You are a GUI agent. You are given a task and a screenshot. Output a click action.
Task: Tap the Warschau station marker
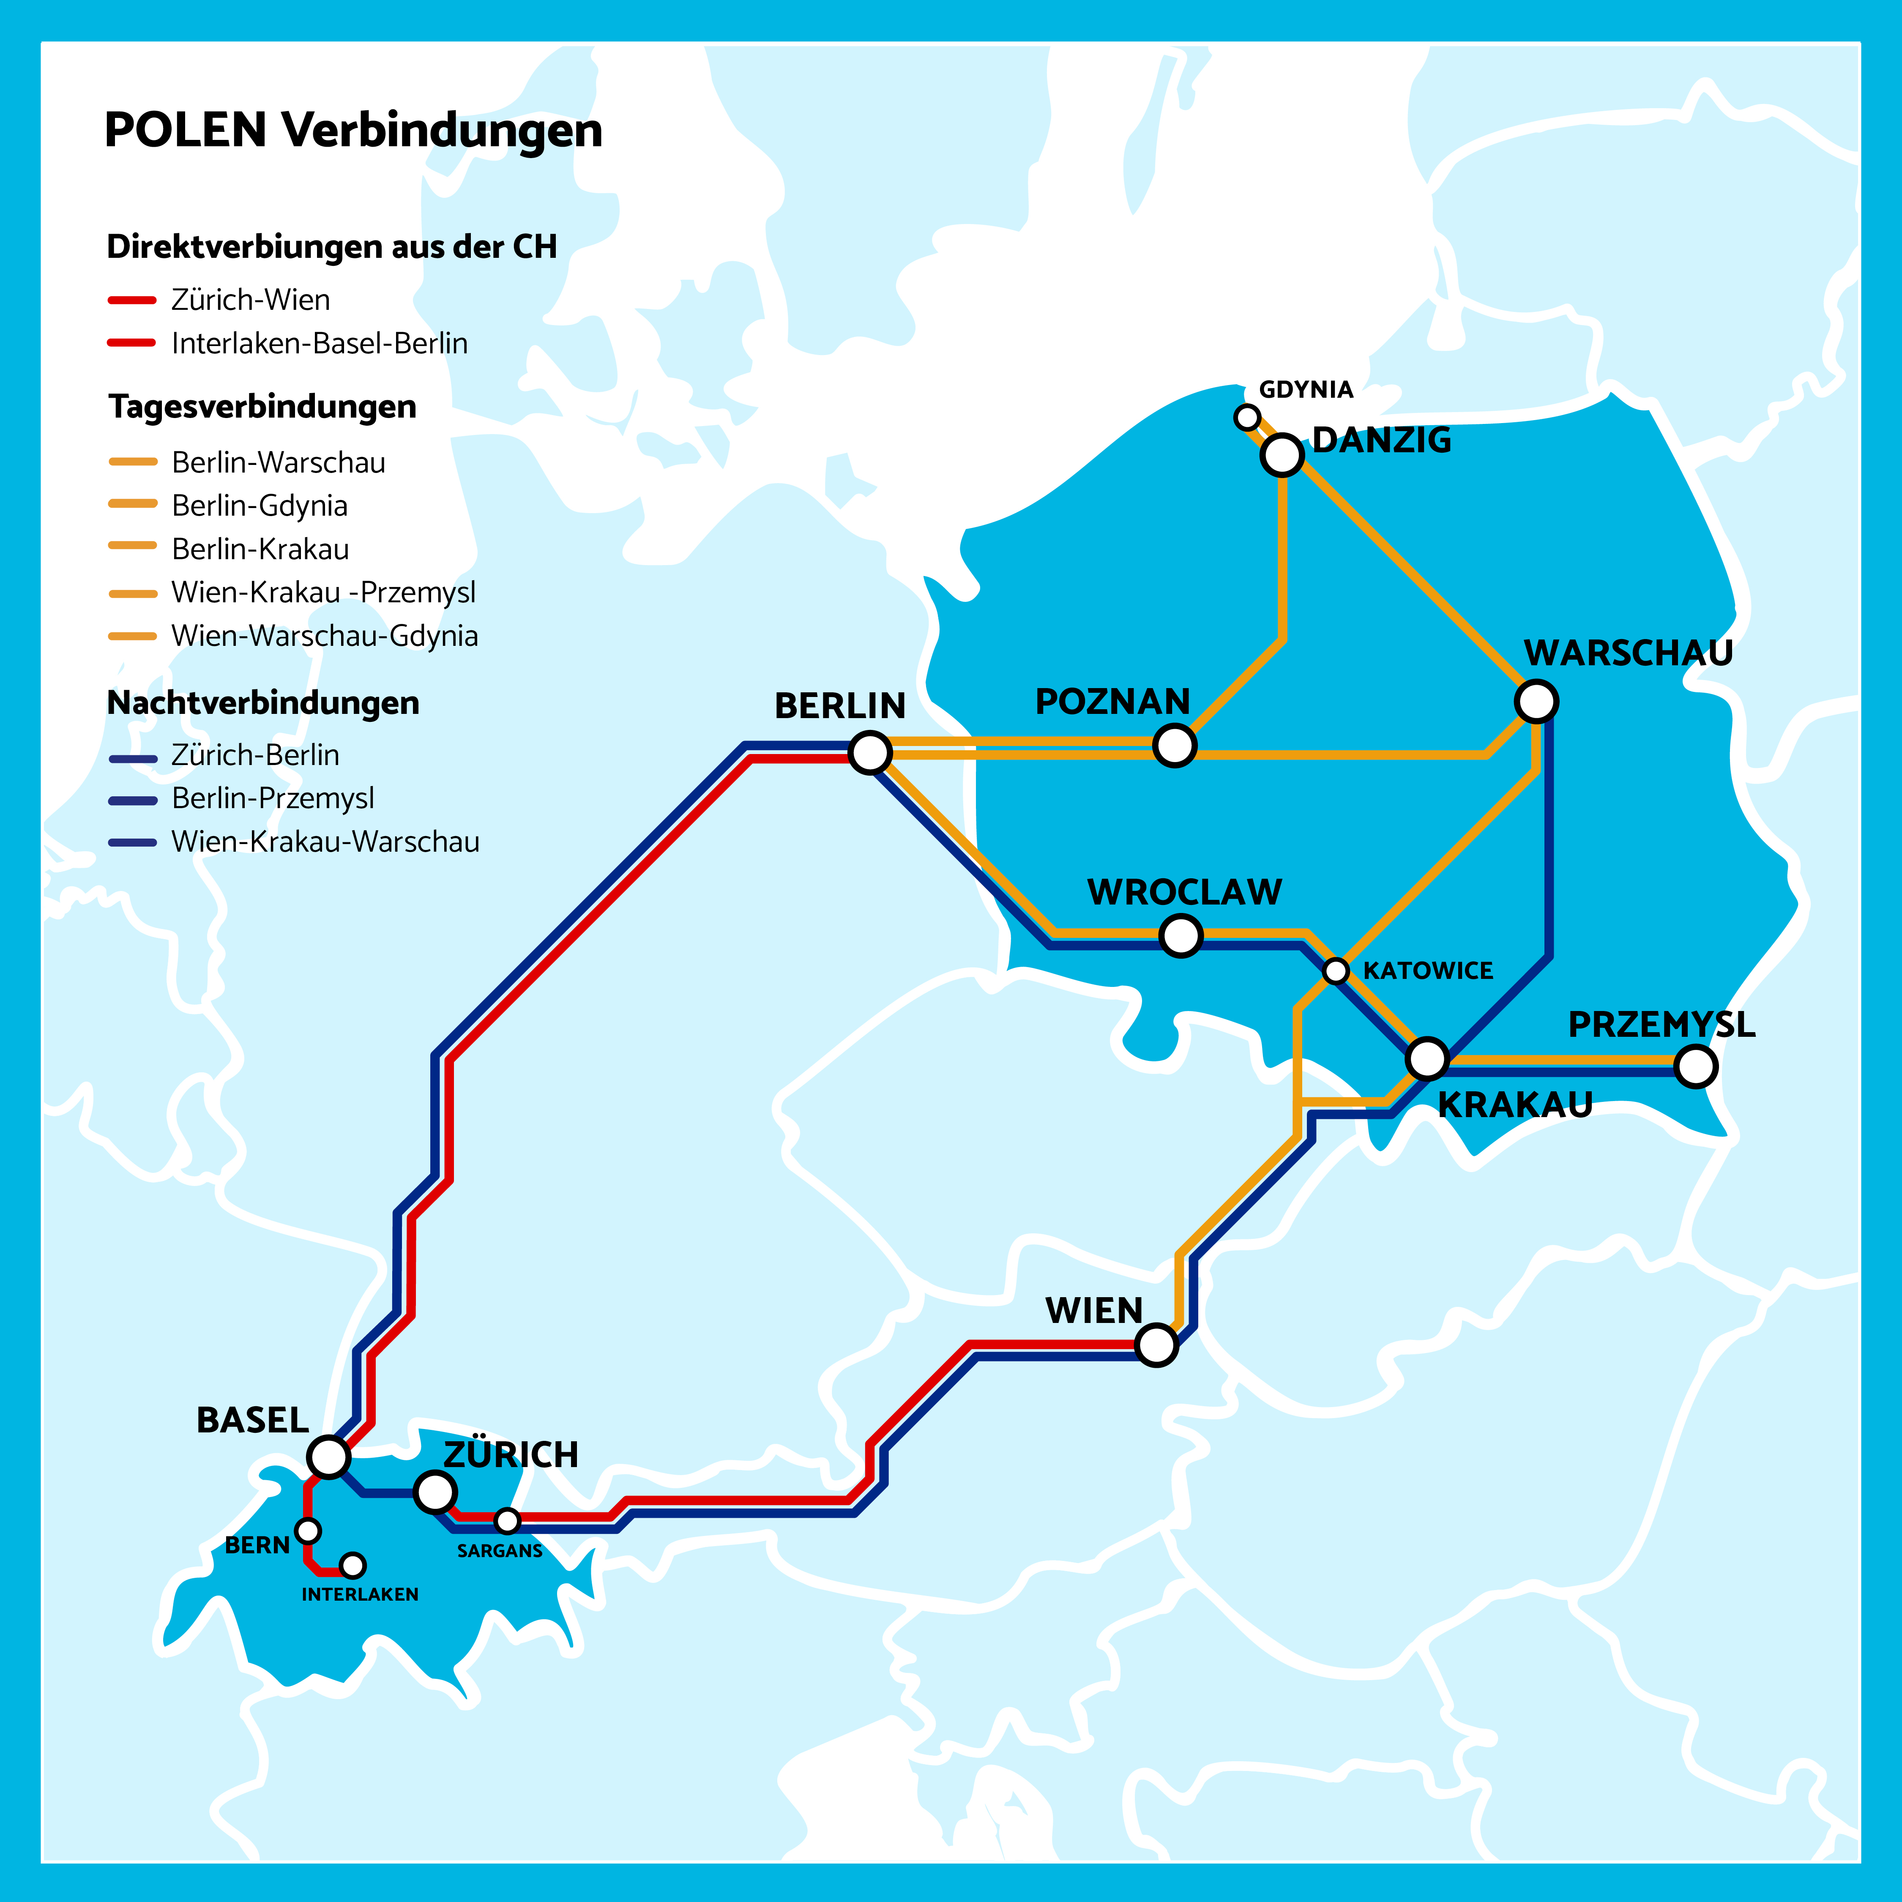point(1536,701)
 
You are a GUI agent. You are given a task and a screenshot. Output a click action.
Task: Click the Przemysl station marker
point(1695,1066)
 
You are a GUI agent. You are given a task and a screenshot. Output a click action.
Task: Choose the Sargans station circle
point(507,1521)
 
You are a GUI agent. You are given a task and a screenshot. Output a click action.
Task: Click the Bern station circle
point(308,1531)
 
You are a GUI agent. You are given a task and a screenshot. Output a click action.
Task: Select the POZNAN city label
point(1112,702)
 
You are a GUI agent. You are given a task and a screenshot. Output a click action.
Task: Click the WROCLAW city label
point(1184,892)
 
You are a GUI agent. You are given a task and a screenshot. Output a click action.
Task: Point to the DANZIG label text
point(1381,440)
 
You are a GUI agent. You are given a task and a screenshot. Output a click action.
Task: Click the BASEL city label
point(252,1421)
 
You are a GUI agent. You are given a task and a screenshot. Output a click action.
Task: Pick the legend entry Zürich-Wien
point(250,299)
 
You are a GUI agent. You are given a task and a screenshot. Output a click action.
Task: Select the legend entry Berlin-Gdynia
point(259,505)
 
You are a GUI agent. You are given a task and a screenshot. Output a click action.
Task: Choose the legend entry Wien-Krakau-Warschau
point(325,842)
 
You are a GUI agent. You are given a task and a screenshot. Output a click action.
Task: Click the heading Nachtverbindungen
point(263,703)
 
